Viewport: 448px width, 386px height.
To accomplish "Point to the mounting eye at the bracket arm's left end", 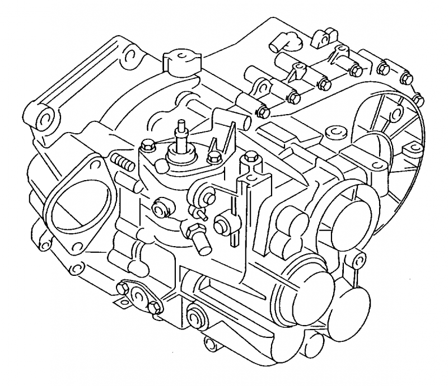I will [43, 118].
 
